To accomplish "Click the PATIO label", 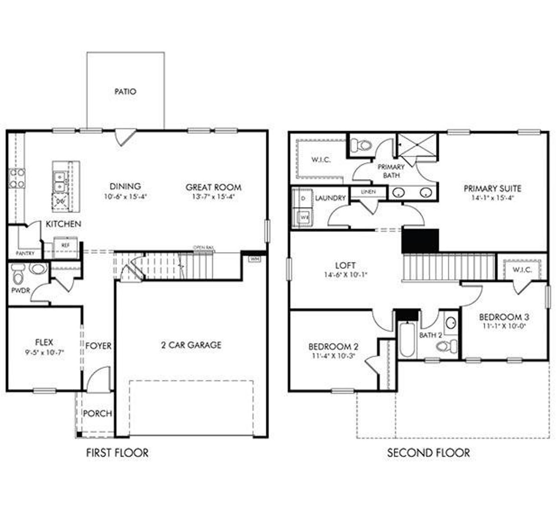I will (125, 92).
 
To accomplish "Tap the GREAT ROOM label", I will (213, 188).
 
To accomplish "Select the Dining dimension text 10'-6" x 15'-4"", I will (125, 196).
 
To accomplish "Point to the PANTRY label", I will (25, 253).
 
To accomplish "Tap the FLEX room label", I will (44, 343).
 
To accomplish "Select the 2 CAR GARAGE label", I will (191, 345).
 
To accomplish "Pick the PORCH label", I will (97, 414).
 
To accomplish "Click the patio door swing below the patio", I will (122, 136).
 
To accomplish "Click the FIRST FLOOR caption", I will (117, 453).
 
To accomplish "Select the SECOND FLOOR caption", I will (428, 453).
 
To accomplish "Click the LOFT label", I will (345, 265).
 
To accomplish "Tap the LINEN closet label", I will (368, 191).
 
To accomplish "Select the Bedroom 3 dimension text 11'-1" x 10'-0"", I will (503, 326).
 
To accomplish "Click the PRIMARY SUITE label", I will (492, 189).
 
